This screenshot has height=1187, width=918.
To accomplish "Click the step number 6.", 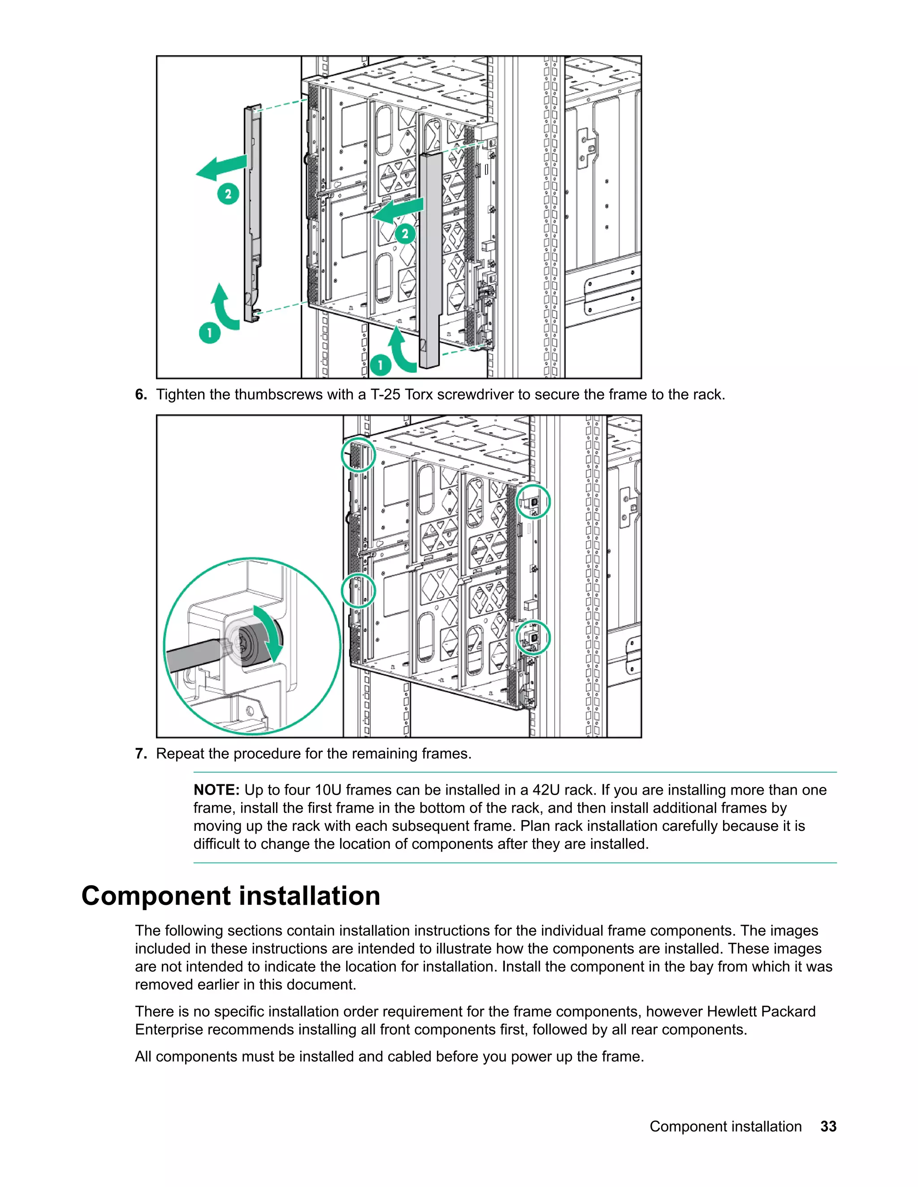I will pyautogui.click(x=140, y=395).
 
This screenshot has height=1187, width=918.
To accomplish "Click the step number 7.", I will pyautogui.click(x=140, y=754).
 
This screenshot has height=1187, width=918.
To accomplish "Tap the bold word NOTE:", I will pyautogui.click(x=217, y=790).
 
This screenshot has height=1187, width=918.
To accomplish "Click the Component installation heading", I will pyautogui.click(x=230, y=896).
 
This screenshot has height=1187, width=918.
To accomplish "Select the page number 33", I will pyautogui.click(x=828, y=1126).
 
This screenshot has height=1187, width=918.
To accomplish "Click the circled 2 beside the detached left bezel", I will pyautogui.click(x=228, y=194).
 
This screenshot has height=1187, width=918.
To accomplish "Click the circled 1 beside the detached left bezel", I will pyautogui.click(x=209, y=333).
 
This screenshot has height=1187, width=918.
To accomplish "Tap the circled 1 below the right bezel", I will pyautogui.click(x=380, y=365).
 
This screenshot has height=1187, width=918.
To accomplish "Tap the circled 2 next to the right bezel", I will pyautogui.click(x=405, y=234).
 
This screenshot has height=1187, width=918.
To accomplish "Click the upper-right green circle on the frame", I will pyautogui.click(x=533, y=501).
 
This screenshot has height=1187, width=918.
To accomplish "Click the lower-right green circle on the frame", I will pyautogui.click(x=533, y=637).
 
